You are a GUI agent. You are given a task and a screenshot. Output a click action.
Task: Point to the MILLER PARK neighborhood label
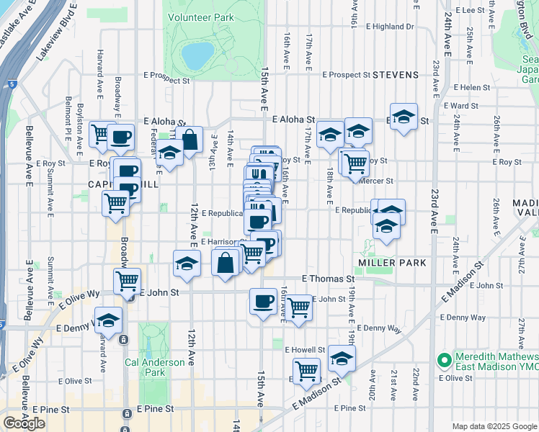click(x=393, y=263)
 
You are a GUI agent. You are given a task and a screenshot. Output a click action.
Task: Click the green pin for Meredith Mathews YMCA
click(x=445, y=358)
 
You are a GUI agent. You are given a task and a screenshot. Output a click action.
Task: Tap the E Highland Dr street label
click(x=390, y=27)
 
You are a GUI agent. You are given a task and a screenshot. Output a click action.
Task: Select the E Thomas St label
click(x=328, y=278)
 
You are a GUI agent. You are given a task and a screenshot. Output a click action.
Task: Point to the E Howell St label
click(x=305, y=350)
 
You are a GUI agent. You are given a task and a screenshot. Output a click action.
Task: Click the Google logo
click(x=24, y=423)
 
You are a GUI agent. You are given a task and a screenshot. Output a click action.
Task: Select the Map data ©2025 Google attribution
click(x=494, y=426)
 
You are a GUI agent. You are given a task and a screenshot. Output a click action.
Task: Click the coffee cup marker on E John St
click(x=263, y=300)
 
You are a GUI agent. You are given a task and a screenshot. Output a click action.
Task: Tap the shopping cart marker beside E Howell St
click(x=307, y=370)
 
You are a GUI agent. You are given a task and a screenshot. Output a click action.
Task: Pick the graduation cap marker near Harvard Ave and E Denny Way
click(x=108, y=319)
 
